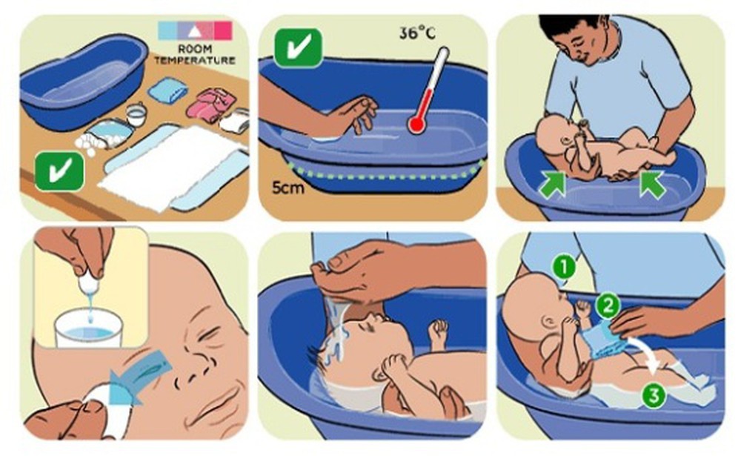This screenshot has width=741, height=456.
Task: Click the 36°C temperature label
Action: [x=416, y=33]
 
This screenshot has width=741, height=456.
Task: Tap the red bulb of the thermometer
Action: [x=416, y=125]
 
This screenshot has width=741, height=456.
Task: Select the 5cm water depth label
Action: [x=288, y=188]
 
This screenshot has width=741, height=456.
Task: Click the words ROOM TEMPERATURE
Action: [x=195, y=54]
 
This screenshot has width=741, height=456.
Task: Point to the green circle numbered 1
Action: [x=564, y=267]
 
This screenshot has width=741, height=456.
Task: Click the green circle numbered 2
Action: [x=608, y=306]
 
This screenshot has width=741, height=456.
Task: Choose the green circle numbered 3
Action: [x=654, y=395]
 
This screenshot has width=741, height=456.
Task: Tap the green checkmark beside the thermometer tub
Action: [x=299, y=47]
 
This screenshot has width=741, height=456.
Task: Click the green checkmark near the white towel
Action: [x=59, y=171]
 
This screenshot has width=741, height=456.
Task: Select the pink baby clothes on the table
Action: [x=210, y=105]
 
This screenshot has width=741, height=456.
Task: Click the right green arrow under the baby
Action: [x=652, y=184]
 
